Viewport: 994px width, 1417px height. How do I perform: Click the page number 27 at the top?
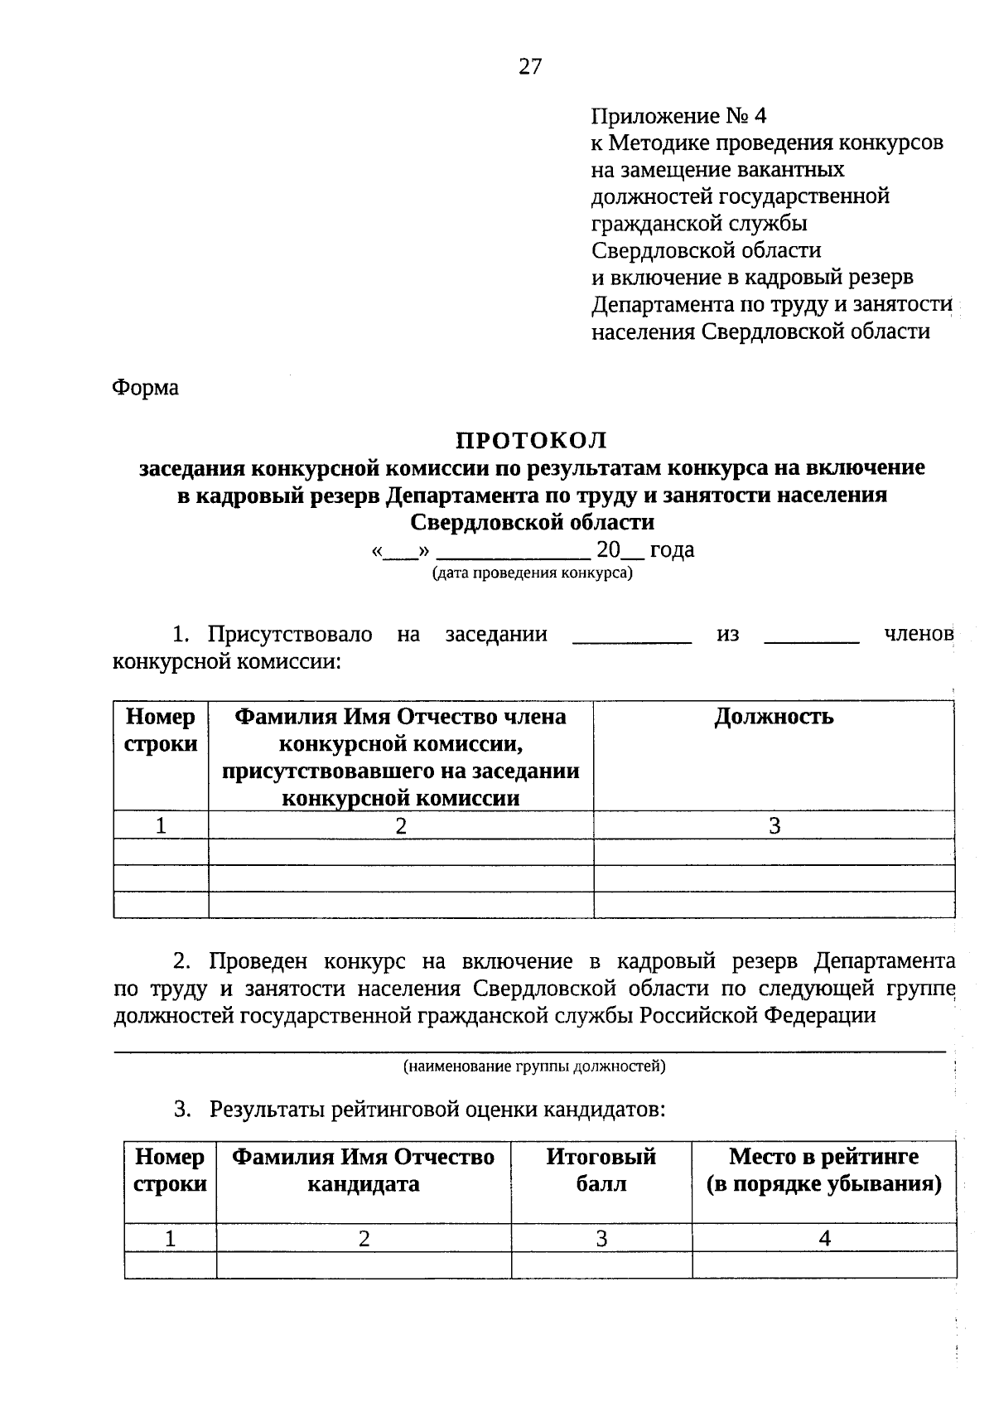(x=530, y=67)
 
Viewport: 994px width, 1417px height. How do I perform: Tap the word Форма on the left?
(x=146, y=387)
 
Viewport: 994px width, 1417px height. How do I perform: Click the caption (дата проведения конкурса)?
(x=532, y=573)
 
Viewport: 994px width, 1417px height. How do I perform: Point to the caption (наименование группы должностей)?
(x=534, y=1066)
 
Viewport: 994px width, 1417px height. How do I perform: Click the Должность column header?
(x=774, y=716)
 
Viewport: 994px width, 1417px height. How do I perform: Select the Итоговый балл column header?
(x=601, y=1170)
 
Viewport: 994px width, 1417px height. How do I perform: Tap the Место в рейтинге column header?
(x=823, y=1170)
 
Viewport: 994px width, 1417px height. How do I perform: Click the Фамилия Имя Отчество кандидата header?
(x=363, y=1170)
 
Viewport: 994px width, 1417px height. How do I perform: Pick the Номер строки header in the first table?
(x=161, y=730)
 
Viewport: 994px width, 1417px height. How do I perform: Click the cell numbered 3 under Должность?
(x=774, y=825)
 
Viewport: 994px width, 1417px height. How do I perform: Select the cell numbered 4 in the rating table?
(x=824, y=1238)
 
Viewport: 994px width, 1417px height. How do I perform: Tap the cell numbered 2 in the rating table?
(x=364, y=1238)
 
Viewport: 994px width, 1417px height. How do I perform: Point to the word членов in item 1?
(x=919, y=635)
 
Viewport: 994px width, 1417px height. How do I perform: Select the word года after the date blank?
(x=672, y=550)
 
